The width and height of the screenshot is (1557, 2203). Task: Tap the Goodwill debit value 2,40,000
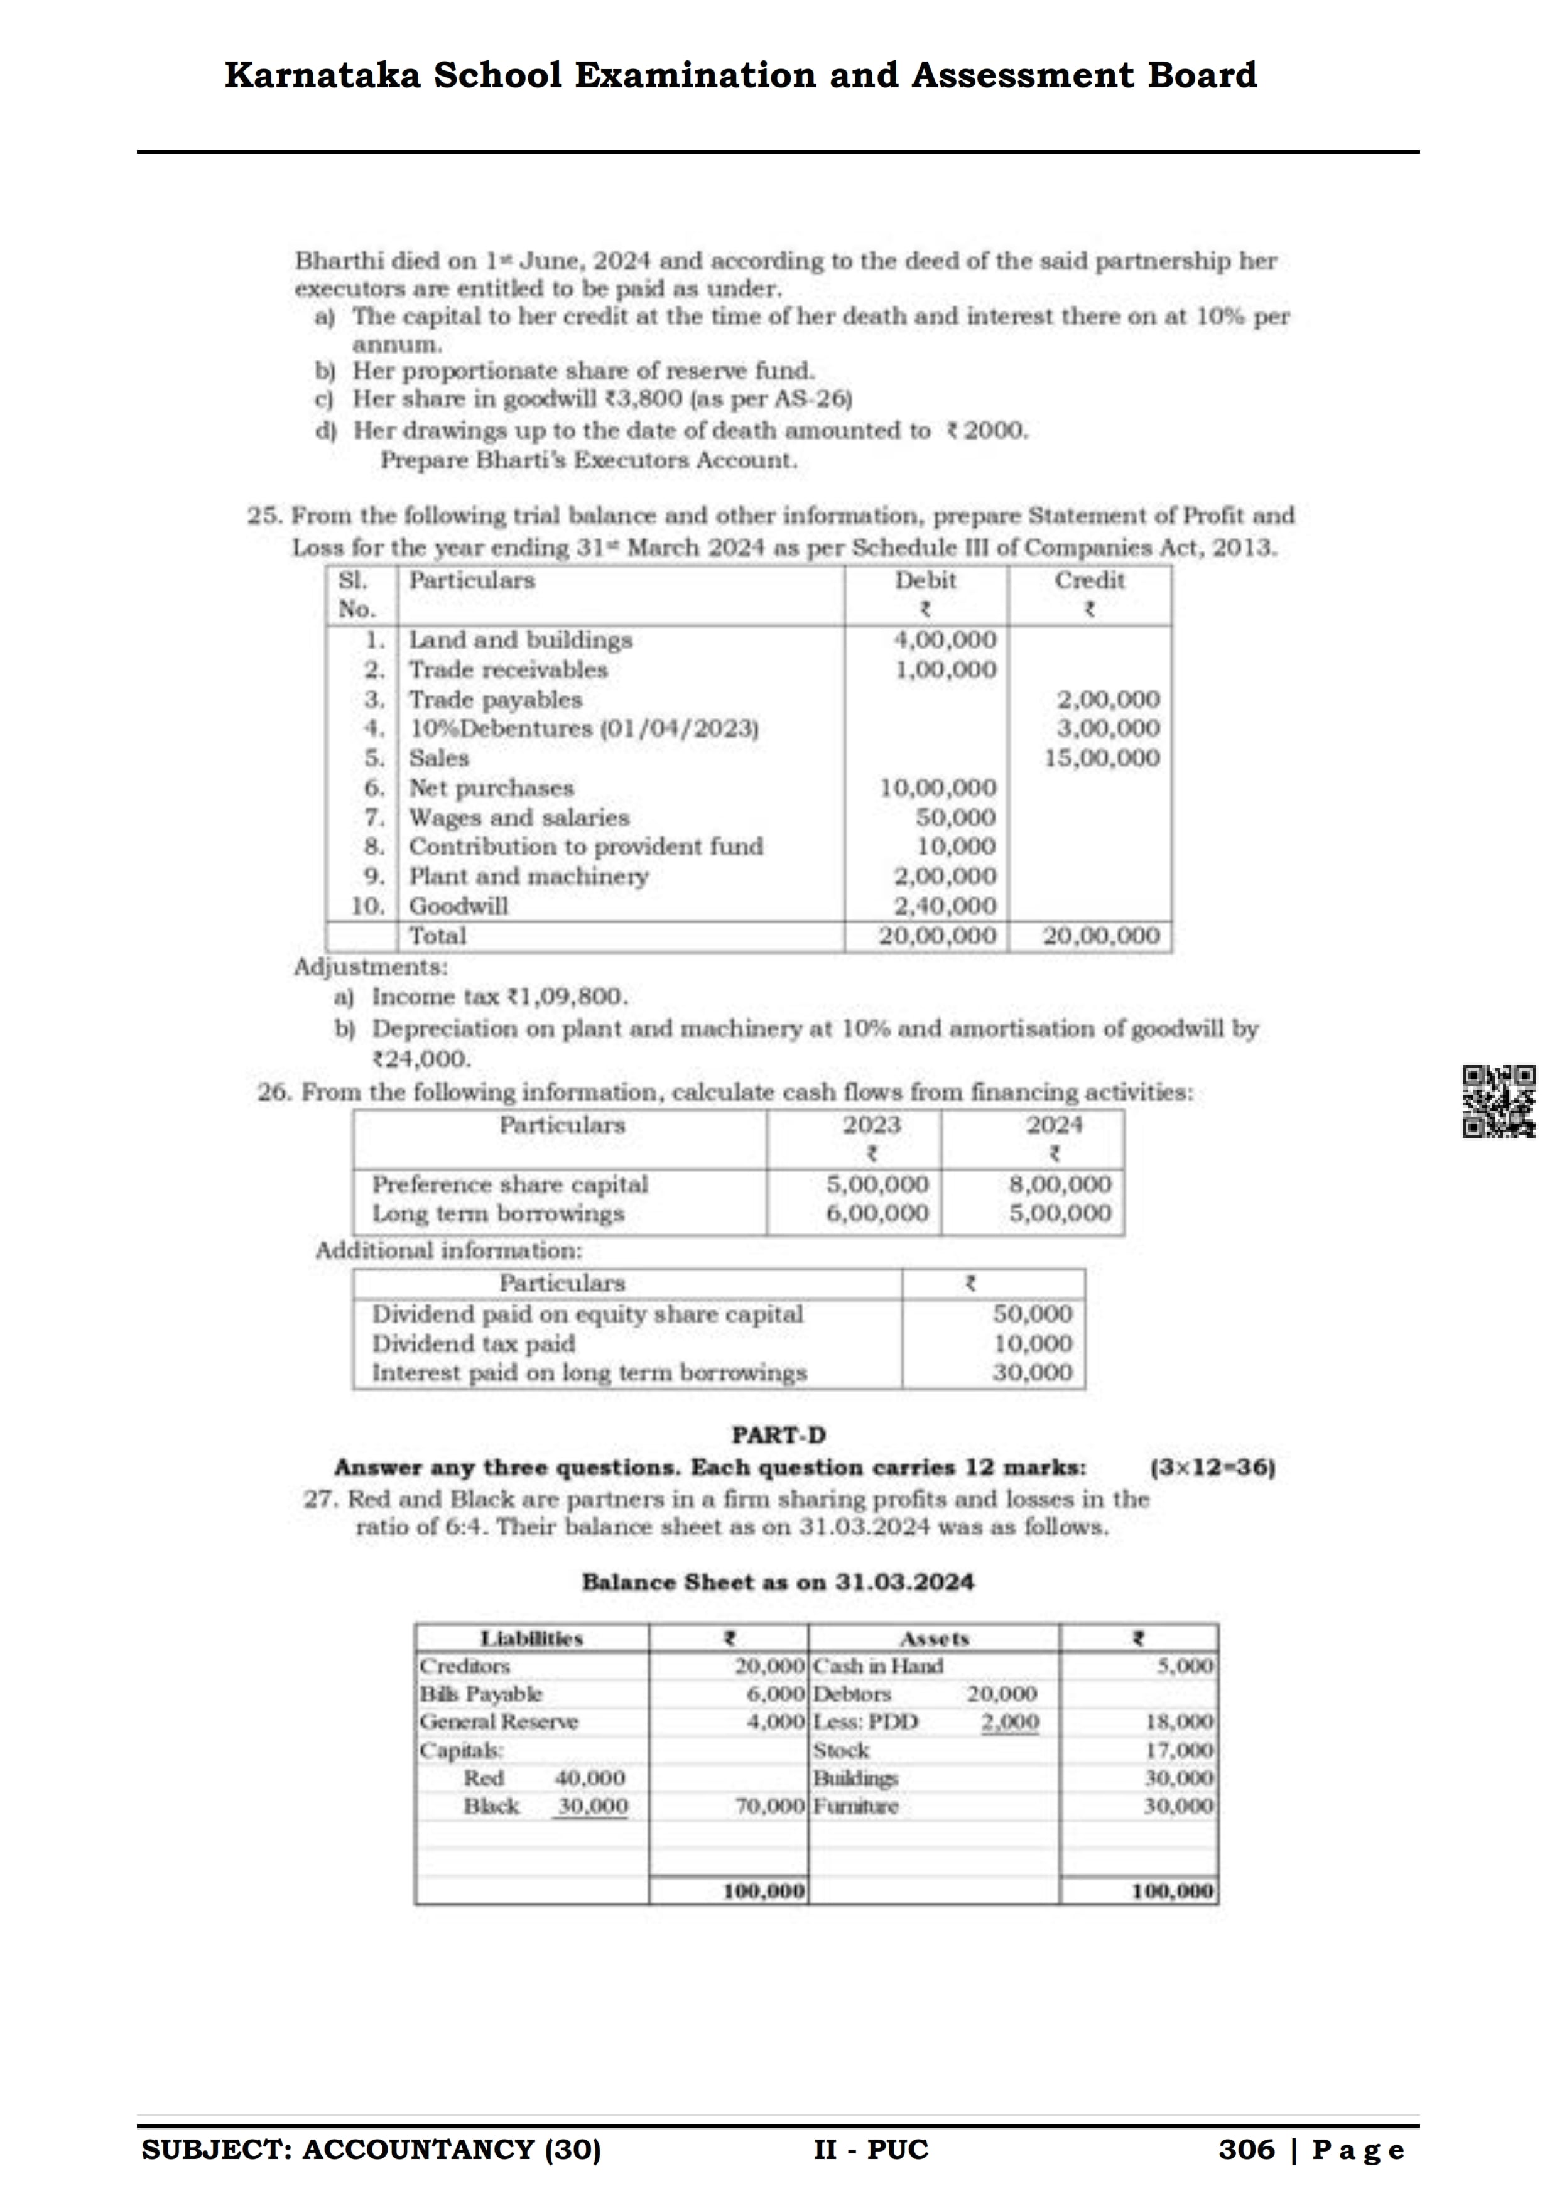pos(945,906)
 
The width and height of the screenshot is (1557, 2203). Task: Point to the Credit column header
pos(1089,580)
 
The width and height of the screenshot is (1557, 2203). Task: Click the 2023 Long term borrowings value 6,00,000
pos(877,1214)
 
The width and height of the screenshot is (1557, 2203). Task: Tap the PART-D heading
pos(778,1436)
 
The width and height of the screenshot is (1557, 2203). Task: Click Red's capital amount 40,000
pos(590,1778)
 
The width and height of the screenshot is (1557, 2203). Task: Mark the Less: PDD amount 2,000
pos(1009,1723)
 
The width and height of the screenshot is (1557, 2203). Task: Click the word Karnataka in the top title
pos(322,75)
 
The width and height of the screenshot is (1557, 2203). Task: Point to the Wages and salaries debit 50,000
pos(955,818)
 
